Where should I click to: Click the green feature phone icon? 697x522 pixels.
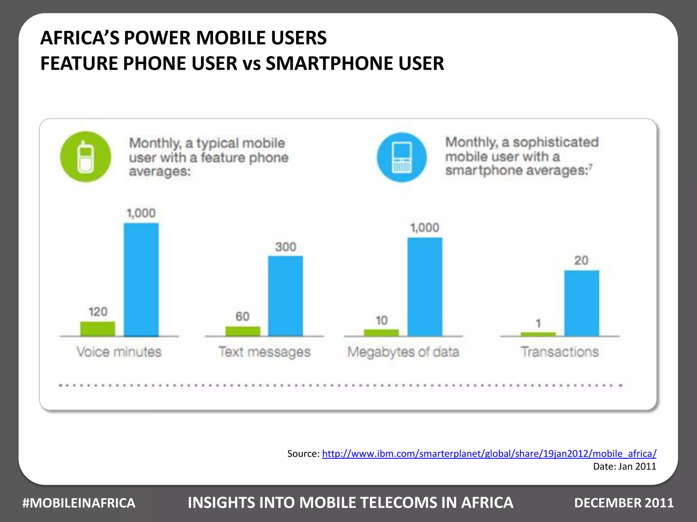point(85,157)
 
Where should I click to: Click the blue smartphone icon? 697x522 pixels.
point(402,157)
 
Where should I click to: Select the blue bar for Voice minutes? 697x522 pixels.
point(141,279)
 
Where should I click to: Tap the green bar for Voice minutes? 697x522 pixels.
point(98,329)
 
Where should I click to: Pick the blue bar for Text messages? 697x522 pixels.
point(285,296)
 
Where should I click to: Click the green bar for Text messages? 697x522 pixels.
point(243,331)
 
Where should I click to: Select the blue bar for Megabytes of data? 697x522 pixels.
point(425,286)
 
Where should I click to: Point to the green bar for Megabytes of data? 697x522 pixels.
point(381,332)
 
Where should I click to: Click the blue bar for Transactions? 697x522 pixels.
point(581,303)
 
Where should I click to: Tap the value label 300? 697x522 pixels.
point(286,247)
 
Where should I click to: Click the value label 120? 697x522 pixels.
point(98,312)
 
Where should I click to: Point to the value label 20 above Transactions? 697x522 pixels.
point(581,261)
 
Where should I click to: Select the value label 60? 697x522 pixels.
point(242,316)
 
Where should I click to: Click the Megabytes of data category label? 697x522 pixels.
point(403,352)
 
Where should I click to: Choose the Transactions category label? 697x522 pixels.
point(560,352)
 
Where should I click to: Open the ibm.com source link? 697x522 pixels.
point(489,453)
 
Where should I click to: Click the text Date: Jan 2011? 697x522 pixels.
point(624,466)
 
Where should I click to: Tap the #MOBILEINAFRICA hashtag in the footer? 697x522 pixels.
point(79,503)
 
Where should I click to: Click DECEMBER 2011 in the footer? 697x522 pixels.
point(623,503)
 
